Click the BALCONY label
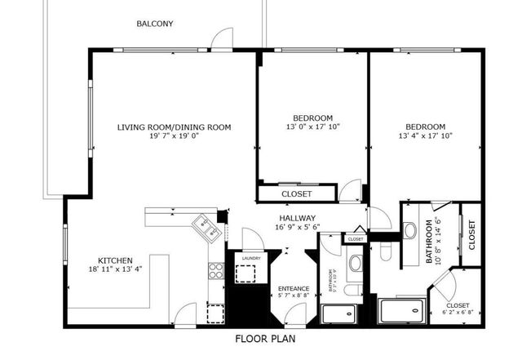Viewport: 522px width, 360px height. pyautogui.click(x=154, y=24)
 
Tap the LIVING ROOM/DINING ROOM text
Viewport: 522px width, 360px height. pyautogui.click(x=174, y=127)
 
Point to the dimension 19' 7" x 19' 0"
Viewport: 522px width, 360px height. pyautogui.click(x=174, y=136)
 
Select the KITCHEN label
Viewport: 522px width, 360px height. pyautogui.click(x=115, y=260)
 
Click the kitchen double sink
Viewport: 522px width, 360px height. pyautogui.click(x=206, y=226)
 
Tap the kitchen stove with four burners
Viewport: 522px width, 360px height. pyautogui.click(x=216, y=271)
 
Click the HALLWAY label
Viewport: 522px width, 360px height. pyautogui.click(x=297, y=218)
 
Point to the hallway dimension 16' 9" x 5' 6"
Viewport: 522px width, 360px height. pyautogui.click(x=297, y=227)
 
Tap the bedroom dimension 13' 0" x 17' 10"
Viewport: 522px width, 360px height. pyautogui.click(x=313, y=127)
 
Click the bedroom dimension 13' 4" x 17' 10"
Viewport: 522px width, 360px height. pyautogui.click(x=425, y=136)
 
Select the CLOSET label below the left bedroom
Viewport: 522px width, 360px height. pyautogui.click(x=296, y=194)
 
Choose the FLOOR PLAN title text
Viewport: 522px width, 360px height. pyautogui.click(x=265, y=338)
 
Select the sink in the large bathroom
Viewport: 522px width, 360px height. pyautogui.click(x=410, y=230)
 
